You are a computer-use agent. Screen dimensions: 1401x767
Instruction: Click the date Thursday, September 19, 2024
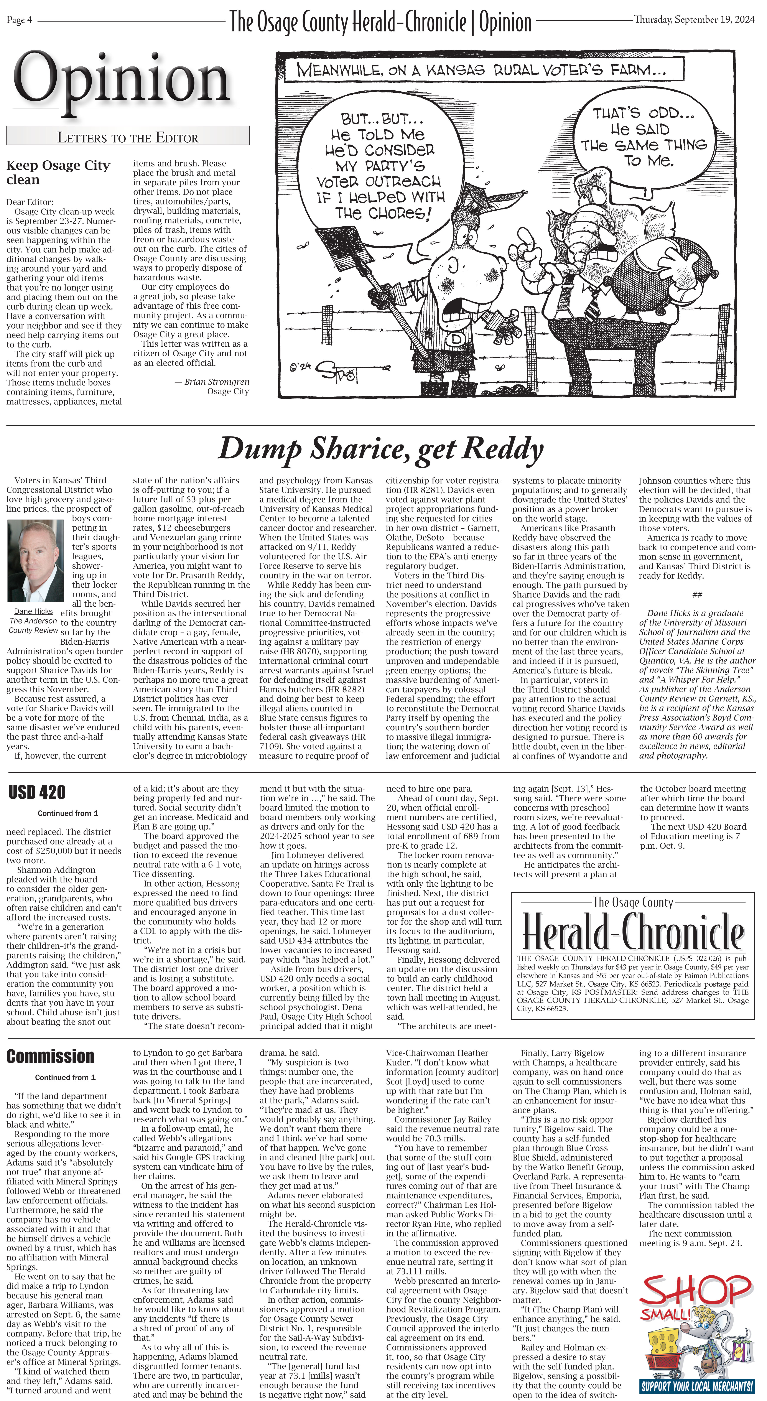(694, 20)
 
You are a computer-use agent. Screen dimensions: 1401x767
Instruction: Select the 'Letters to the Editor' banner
(128, 137)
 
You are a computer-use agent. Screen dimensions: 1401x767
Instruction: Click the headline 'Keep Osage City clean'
(58, 172)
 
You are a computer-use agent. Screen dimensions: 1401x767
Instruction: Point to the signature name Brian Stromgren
(217, 382)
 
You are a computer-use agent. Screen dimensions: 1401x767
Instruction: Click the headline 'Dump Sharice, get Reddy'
(381, 449)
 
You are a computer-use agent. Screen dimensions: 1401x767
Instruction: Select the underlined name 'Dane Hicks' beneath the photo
(33, 611)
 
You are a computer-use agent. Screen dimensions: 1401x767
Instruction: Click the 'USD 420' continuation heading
(37, 792)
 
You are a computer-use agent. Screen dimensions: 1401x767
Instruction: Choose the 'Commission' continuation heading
(51, 1057)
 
